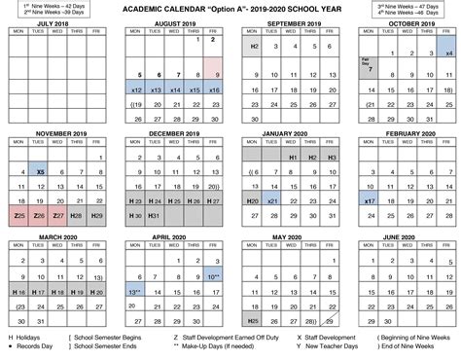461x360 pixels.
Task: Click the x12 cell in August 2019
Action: (x=136, y=90)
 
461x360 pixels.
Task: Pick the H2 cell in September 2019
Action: (x=253, y=46)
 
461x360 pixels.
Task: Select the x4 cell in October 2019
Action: (x=448, y=54)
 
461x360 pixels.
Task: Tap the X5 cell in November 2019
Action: (x=40, y=171)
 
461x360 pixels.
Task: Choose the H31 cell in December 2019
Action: (x=157, y=214)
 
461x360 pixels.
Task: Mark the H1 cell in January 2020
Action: (x=292, y=156)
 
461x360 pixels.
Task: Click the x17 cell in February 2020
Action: (x=370, y=200)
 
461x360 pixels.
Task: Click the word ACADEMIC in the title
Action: (x=144, y=9)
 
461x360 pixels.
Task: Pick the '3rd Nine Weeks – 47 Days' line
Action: (x=406, y=5)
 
